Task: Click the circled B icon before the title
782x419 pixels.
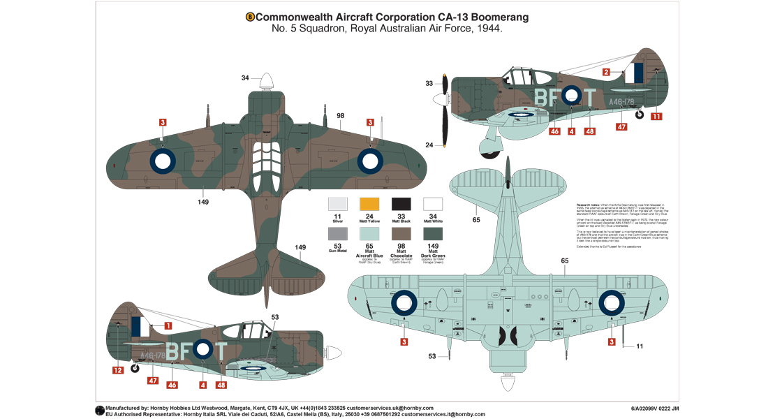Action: [x=250, y=17]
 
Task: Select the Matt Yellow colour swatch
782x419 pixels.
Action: [x=369, y=204]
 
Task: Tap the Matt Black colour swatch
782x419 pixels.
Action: [x=401, y=204]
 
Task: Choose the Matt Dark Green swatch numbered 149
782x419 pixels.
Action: [x=433, y=235]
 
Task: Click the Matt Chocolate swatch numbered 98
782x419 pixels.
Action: [x=401, y=235]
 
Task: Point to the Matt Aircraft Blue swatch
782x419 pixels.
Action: [x=369, y=235]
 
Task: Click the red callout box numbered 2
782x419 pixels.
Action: [x=606, y=72]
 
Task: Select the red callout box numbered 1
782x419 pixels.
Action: [x=168, y=325]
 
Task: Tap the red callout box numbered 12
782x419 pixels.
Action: [x=117, y=369]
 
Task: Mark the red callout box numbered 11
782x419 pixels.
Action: [x=656, y=116]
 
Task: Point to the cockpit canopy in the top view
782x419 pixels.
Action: [x=266, y=159]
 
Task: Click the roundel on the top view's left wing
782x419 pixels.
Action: [x=162, y=161]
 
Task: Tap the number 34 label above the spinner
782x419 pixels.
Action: [x=245, y=78]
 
